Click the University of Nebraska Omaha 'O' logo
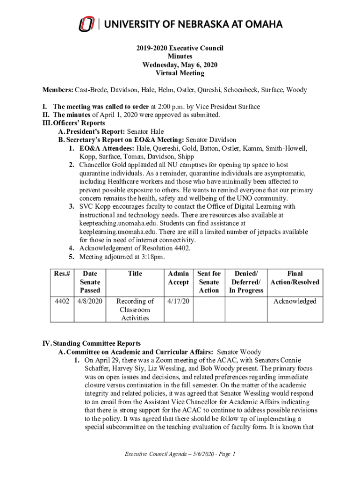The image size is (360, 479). coord(86,24)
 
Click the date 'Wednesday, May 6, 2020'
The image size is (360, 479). coord(180,65)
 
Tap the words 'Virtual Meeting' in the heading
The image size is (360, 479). coord(180,73)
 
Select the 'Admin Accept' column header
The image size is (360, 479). coord(179,278)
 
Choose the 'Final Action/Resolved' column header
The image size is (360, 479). coord(295,278)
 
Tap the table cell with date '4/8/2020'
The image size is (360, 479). coord(90,302)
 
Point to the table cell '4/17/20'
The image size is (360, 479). coord(178,302)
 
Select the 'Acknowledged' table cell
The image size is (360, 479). coord(295,302)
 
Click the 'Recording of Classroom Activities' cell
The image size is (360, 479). coord(135,310)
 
